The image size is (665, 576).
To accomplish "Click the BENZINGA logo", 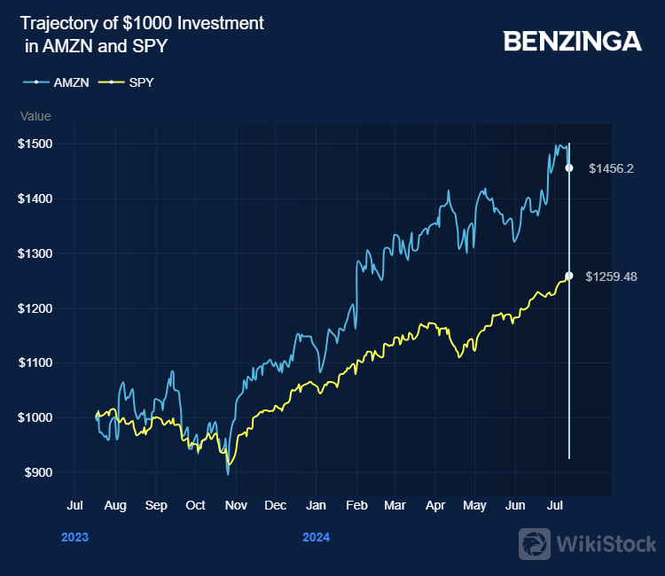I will (572, 41).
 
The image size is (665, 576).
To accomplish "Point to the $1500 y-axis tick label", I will (35, 144).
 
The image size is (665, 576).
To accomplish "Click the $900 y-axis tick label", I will (38, 472).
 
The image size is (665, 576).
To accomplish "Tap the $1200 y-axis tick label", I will (35, 308).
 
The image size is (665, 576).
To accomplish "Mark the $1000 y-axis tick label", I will (35, 417).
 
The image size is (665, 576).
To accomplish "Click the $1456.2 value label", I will (611, 168).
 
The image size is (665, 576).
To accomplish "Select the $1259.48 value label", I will (614, 276).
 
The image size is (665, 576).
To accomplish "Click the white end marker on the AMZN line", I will (569, 167).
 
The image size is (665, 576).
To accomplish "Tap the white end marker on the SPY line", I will (569, 276).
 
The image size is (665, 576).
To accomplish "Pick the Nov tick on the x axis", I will (235, 506).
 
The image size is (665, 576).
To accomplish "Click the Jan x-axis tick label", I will (316, 506).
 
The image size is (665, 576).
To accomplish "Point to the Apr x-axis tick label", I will (434, 506).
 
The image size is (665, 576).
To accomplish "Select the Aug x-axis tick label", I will (115, 506).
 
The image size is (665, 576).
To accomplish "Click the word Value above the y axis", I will (35, 116).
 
